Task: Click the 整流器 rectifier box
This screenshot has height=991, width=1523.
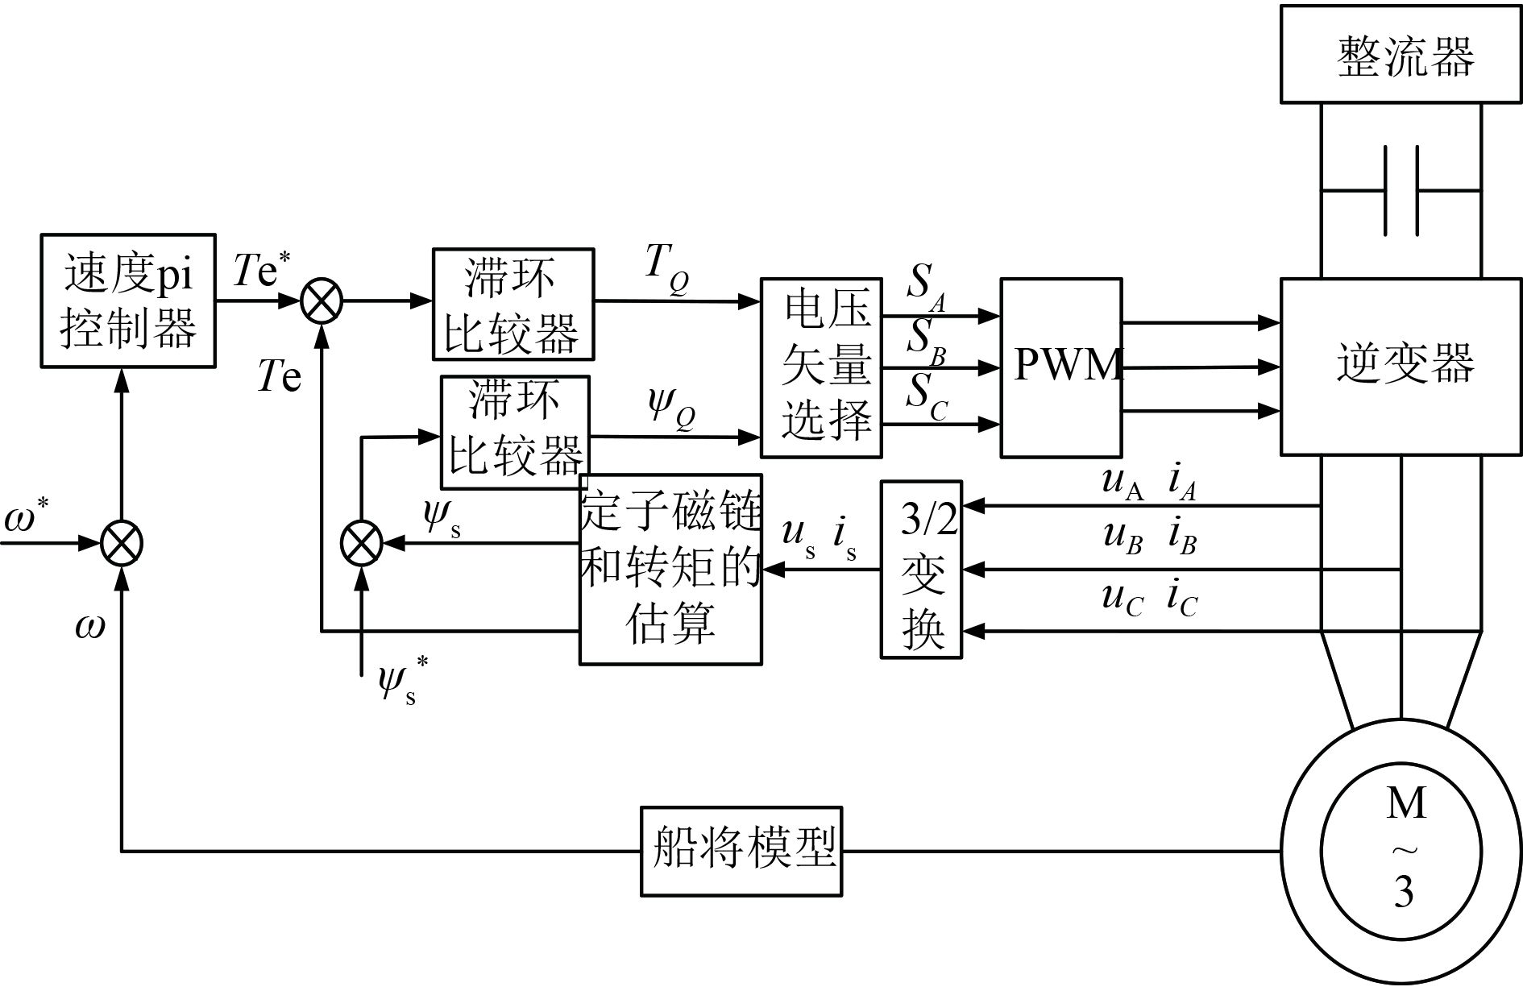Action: point(1401,55)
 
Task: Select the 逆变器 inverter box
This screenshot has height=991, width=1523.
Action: point(1401,366)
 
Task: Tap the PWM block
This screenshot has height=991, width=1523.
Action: point(1060,367)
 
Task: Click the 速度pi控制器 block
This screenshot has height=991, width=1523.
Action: point(128,301)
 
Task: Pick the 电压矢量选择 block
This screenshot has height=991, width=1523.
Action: point(821,368)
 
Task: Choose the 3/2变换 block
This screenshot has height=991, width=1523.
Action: point(921,570)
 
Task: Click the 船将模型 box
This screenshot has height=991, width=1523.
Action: point(741,851)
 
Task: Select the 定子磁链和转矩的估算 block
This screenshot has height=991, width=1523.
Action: point(670,569)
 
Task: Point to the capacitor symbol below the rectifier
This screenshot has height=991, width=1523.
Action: point(1401,191)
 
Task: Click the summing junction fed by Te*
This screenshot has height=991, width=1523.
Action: point(322,302)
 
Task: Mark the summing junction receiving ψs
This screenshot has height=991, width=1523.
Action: point(362,543)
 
